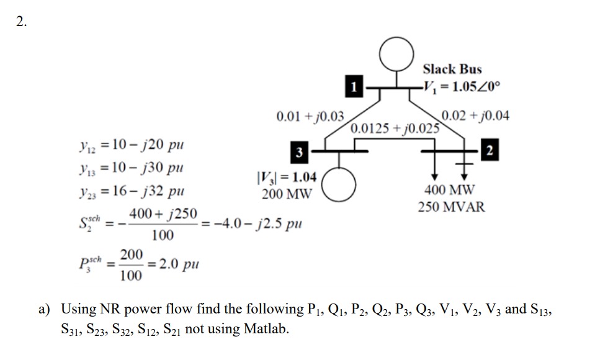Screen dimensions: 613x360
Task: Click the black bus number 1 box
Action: (x=354, y=86)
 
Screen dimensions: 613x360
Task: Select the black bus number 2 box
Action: (x=490, y=150)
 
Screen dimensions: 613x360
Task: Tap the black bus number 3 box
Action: (x=299, y=152)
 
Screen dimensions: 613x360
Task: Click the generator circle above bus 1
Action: (x=396, y=54)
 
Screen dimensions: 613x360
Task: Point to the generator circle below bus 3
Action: (x=339, y=184)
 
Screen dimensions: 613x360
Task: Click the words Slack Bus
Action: (x=452, y=70)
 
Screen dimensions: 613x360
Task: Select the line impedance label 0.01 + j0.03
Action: (x=310, y=116)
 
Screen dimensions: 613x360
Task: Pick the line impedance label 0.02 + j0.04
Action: (x=475, y=115)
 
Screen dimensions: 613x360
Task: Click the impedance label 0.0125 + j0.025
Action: (x=395, y=128)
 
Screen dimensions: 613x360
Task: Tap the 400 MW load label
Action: (x=450, y=190)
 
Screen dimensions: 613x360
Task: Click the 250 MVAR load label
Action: (x=452, y=207)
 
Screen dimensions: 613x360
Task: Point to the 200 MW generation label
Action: (x=287, y=194)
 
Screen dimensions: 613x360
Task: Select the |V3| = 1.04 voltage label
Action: (x=287, y=178)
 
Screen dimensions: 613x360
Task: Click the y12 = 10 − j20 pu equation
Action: (x=132, y=145)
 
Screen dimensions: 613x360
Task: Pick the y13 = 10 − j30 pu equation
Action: (x=132, y=168)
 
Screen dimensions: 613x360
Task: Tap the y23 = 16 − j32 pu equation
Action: (x=132, y=191)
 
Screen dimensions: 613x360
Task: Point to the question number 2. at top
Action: (x=22, y=22)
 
